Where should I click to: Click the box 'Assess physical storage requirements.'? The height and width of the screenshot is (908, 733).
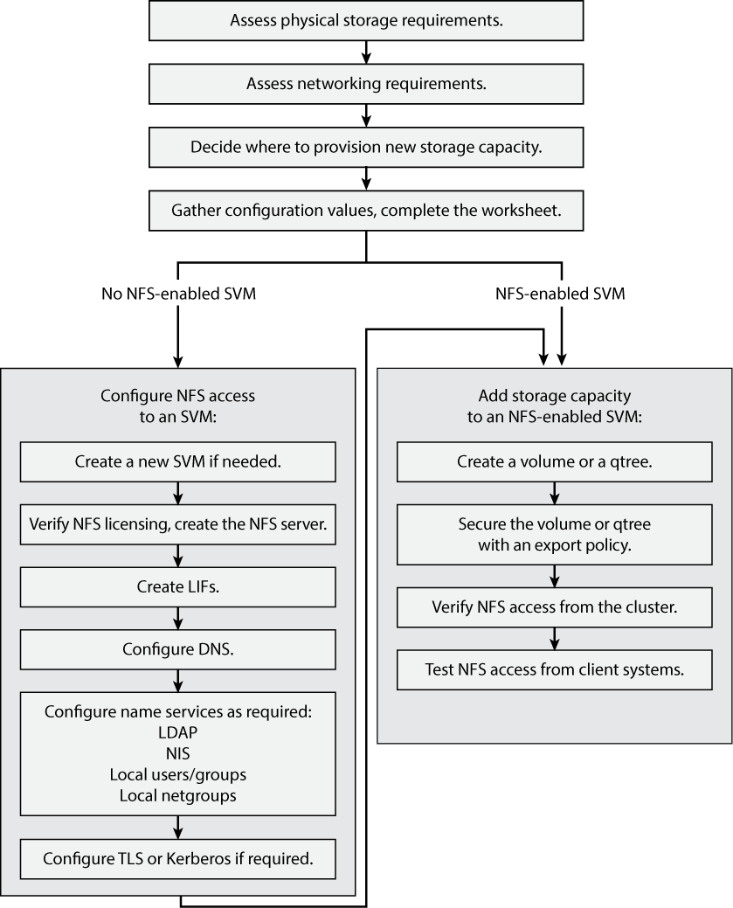[366, 20]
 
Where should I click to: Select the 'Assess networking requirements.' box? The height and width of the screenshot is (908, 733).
[366, 84]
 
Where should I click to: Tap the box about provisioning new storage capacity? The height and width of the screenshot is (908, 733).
[366, 147]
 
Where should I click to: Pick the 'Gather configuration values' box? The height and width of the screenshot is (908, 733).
[366, 211]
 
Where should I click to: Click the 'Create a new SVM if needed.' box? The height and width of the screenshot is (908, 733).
[178, 461]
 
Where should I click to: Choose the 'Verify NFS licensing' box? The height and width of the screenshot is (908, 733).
[178, 524]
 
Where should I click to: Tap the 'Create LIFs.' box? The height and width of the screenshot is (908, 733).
[178, 587]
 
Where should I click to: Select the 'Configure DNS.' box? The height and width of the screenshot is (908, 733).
[178, 650]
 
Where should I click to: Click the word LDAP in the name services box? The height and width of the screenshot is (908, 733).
[178, 732]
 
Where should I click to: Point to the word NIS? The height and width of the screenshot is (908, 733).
[178, 753]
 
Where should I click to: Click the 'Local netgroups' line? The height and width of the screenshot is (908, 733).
[178, 795]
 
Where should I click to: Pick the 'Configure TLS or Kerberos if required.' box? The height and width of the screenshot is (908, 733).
[178, 859]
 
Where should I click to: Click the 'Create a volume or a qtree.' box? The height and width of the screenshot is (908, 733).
[555, 461]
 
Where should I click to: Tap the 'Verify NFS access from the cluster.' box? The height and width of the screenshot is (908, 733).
[555, 607]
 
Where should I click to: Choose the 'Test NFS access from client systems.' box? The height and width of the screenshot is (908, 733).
[555, 670]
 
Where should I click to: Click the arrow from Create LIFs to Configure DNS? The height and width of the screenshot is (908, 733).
[178, 619]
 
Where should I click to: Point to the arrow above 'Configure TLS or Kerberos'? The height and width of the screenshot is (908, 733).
[178, 828]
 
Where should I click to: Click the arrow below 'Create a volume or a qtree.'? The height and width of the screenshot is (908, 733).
[555, 494]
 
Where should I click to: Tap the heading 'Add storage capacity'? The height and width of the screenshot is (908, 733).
[555, 396]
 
